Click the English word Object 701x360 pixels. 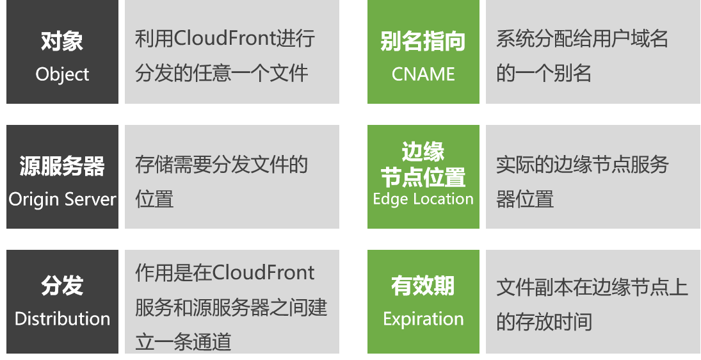pos(62,74)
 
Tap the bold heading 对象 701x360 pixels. pos(62,42)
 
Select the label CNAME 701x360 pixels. pos(423,74)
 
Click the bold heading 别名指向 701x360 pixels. pos(423,42)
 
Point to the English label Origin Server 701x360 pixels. pos(62,199)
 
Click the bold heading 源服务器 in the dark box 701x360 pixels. pos(62,167)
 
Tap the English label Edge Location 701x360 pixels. pos(423,199)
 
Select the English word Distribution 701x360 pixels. pos(62,319)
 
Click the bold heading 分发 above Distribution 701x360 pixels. pos(62,286)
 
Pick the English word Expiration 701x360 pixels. pos(423,319)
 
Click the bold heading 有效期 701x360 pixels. pos(423,286)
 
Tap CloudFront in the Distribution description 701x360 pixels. pos(263,273)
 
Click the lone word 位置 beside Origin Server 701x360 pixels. pos(154,199)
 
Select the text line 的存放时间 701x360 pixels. pos(544,321)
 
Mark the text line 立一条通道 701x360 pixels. pos(183,341)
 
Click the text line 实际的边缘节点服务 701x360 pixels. pos(582,165)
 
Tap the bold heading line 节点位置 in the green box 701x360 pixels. pos(423,177)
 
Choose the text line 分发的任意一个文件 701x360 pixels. pos(222,72)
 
